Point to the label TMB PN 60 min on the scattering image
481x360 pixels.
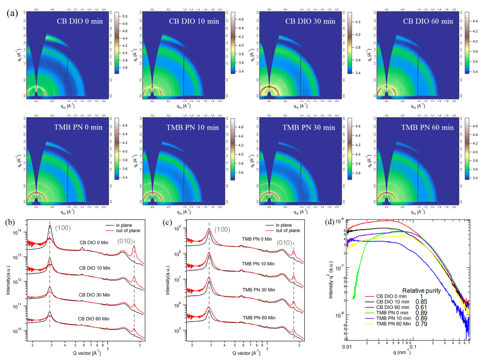coord(427,127)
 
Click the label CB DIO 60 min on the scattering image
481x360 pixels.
coord(428,21)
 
